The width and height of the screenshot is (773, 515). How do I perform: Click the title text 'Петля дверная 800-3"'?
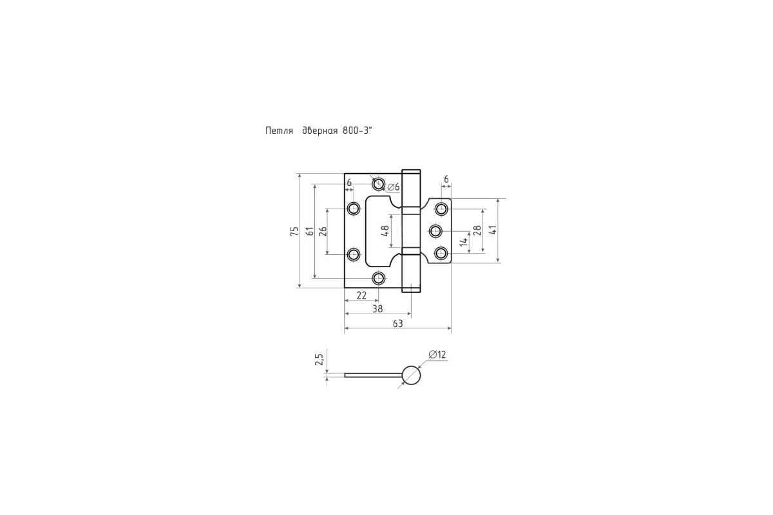(319, 131)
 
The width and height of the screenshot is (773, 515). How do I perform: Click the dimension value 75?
(294, 231)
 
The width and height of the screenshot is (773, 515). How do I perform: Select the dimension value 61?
(310, 231)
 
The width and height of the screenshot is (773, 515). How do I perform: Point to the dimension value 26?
(323, 232)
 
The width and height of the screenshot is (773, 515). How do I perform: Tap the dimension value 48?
(385, 230)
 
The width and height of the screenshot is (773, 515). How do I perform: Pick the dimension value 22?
(361, 295)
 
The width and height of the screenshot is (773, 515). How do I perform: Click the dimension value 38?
(377, 309)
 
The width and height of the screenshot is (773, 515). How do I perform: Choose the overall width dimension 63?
(397, 324)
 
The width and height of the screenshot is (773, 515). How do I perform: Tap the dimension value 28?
(477, 230)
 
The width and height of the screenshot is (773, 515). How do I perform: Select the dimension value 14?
(464, 242)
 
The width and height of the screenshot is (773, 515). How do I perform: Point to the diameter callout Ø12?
(437, 355)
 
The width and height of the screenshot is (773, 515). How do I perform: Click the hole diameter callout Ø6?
(394, 187)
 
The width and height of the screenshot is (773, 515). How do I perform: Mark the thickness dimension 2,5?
(320, 359)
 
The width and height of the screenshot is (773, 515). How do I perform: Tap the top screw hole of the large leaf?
(379, 184)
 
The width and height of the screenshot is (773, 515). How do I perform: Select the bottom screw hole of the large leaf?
(379, 278)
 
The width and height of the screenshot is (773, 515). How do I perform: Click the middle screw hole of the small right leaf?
(436, 231)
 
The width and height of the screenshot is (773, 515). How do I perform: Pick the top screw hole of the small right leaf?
(441, 209)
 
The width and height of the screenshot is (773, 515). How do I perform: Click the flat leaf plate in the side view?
(374, 375)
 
